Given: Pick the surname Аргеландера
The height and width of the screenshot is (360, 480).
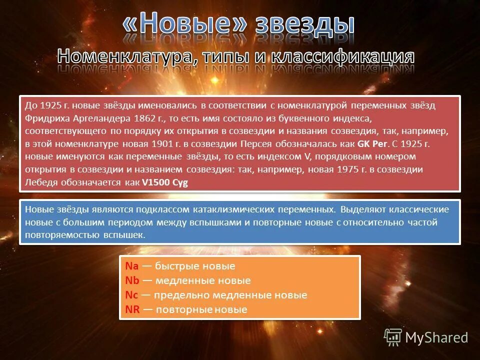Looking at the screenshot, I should click(98, 118).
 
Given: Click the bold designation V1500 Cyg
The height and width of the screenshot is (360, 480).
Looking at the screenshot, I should click(165, 182).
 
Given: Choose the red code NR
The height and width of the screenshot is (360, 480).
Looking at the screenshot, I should click(132, 309).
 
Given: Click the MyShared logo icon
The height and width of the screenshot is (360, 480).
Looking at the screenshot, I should click(393, 337).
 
